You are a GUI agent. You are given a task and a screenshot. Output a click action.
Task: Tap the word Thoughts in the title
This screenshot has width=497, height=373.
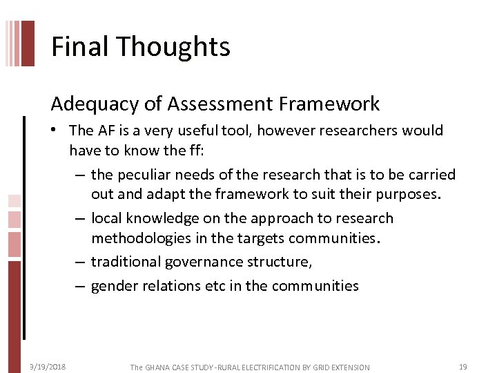click(173, 47)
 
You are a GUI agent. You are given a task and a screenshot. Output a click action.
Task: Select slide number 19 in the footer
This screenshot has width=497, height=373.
click(463, 367)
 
